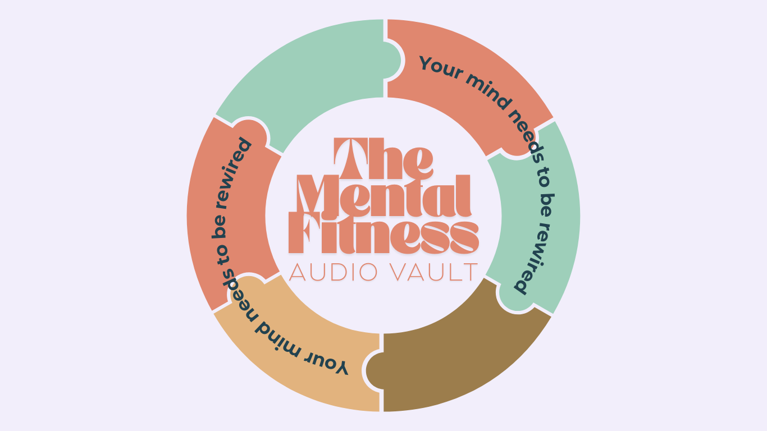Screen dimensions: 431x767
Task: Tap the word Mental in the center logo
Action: pyautogui.click(x=383, y=196)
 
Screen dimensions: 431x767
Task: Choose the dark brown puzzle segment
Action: pyautogui.click(x=455, y=359)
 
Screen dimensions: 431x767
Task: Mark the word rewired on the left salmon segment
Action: pyautogui.click(x=239, y=163)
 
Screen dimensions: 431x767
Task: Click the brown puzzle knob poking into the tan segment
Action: pyautogui.click(x=372, y=370)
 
